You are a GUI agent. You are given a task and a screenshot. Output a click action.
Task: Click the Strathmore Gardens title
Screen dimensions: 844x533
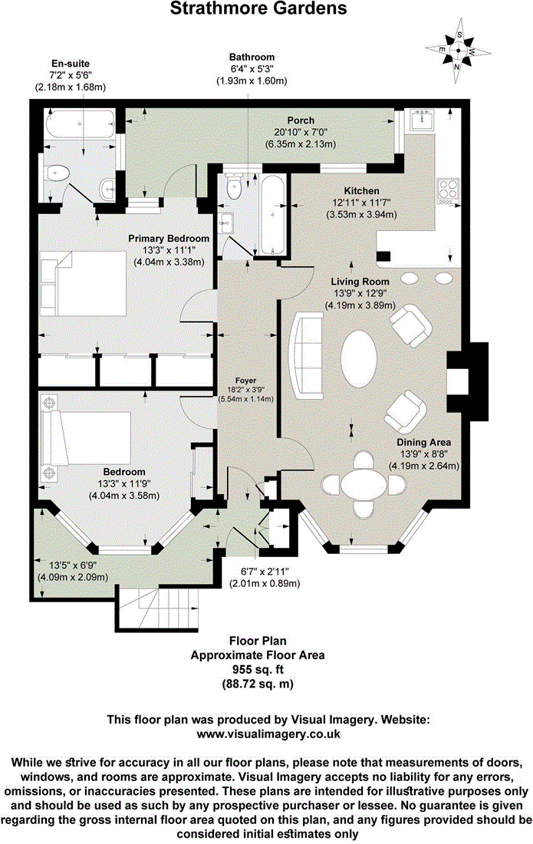[258, 9]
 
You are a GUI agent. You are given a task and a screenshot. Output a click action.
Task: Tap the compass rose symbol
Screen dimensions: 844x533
[458, 51]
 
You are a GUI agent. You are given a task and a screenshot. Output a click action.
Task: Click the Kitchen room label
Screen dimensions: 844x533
[362, 190]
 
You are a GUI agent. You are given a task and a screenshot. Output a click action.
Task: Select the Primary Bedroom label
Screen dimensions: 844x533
[169, 238]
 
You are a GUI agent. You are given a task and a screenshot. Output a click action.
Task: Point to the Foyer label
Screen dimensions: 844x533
[246, 380]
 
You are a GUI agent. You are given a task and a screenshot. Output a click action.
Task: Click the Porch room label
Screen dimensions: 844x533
[301, 120]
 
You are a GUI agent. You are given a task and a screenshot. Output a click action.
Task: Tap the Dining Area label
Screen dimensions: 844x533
[423, 443]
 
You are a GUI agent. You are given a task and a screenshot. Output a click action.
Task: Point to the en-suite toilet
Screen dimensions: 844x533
[55, 173]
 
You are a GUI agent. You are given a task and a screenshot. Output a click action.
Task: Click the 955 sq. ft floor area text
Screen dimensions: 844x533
[258, 669]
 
